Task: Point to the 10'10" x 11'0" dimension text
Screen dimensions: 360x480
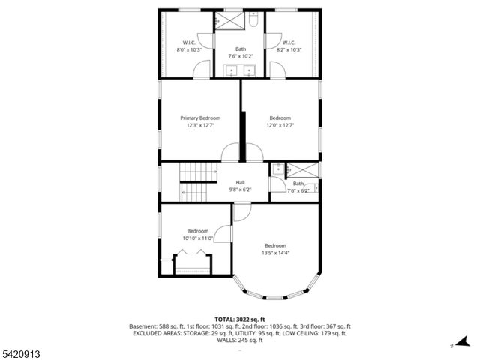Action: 198,238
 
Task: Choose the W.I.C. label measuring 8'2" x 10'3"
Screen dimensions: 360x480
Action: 289,46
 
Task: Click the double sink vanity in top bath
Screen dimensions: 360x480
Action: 240,71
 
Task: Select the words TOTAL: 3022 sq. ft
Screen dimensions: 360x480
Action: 240,319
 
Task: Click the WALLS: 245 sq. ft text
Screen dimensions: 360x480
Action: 240,340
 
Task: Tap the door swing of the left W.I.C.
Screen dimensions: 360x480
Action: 202,70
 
